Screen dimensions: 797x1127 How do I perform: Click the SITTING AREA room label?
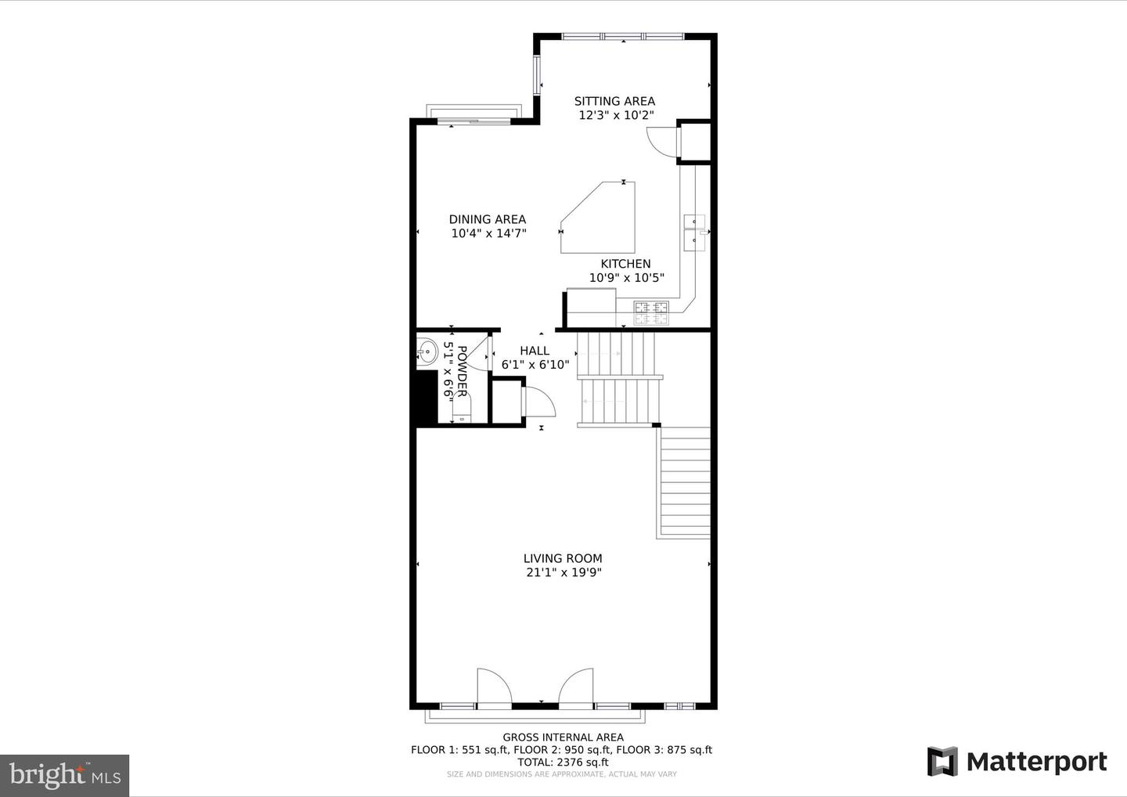pyautogui.click(x=614, y=101)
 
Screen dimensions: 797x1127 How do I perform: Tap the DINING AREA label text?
pyautogui.click(x=487, y=219)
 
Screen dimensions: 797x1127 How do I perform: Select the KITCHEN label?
pyautogui.click(x=625, y=264)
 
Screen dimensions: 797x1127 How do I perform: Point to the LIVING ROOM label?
pyautogui.click(x=563, y=558)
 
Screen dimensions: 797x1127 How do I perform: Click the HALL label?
pyautogui.click(x=535, y=351)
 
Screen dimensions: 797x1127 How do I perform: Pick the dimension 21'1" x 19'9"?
pyautogui.click(x=563, y=572)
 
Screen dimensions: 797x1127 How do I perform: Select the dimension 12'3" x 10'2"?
pyautogui.click(x=615, y=115)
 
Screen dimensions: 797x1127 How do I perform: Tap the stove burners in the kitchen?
pyautogui.click(x=651, y=312)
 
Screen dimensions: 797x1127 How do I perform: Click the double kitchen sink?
pyautogui.click(x=694, y=231)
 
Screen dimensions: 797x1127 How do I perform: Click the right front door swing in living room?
pyautogui.click(x=578, y=687)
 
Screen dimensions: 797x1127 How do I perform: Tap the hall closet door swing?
pyautogui.click(x=539, y=402)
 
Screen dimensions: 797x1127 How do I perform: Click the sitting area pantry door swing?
pyautogui.click(x=661, y=141)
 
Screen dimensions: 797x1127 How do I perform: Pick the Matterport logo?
pyautogui.click(x=1017, y=762)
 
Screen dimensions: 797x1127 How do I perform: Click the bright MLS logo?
pyautogui.click(x=64, y=775)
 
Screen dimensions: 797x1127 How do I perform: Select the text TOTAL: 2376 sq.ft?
pyautogui.click(x=563, y=762)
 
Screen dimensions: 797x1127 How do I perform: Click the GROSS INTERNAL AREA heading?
pyautogui.click(x=563, y=737)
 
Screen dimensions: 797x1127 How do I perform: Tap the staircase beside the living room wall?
pyautogui.click(x=686, y=483)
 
